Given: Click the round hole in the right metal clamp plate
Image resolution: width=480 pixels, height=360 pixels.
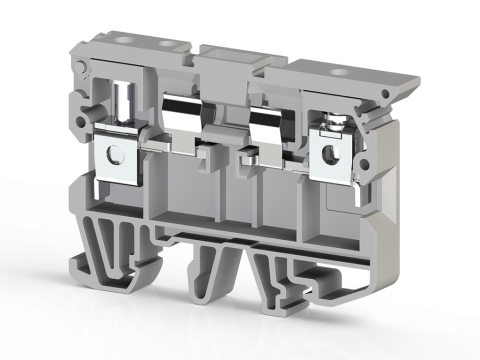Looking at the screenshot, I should (x=328, y=154).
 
